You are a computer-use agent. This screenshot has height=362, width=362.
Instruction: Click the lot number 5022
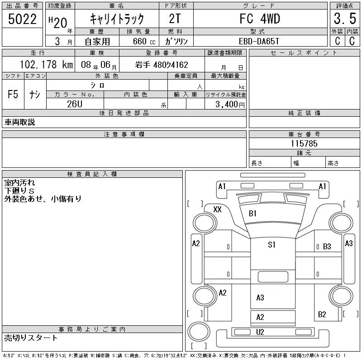22,19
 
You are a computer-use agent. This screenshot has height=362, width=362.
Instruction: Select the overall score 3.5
345,19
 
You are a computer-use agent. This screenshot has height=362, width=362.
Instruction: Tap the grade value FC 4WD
260,19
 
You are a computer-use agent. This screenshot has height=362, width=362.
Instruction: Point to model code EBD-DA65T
259,41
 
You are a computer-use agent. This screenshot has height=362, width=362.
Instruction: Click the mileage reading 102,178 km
46,64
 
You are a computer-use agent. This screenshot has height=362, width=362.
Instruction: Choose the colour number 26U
75,104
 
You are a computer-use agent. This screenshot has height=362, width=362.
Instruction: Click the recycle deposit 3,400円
230,105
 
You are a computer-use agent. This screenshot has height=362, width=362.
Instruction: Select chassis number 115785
304,143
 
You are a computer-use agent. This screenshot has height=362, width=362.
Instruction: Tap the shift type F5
13,94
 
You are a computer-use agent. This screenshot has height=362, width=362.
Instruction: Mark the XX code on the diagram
217,210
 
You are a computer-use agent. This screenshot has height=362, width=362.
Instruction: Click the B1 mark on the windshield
252,213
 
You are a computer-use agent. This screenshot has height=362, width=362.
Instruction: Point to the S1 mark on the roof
271,244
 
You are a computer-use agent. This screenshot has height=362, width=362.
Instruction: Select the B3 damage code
327,247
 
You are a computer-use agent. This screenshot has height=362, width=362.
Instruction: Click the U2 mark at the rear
260,332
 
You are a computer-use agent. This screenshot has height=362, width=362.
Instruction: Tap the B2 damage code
322,314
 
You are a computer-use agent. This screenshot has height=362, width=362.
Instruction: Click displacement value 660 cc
144,41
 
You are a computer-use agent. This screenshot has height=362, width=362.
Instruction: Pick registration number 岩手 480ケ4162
162,65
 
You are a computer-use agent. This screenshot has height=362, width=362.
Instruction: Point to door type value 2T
175,19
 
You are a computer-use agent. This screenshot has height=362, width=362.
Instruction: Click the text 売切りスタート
31,338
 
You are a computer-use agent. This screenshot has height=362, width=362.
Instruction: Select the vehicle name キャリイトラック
117,19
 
